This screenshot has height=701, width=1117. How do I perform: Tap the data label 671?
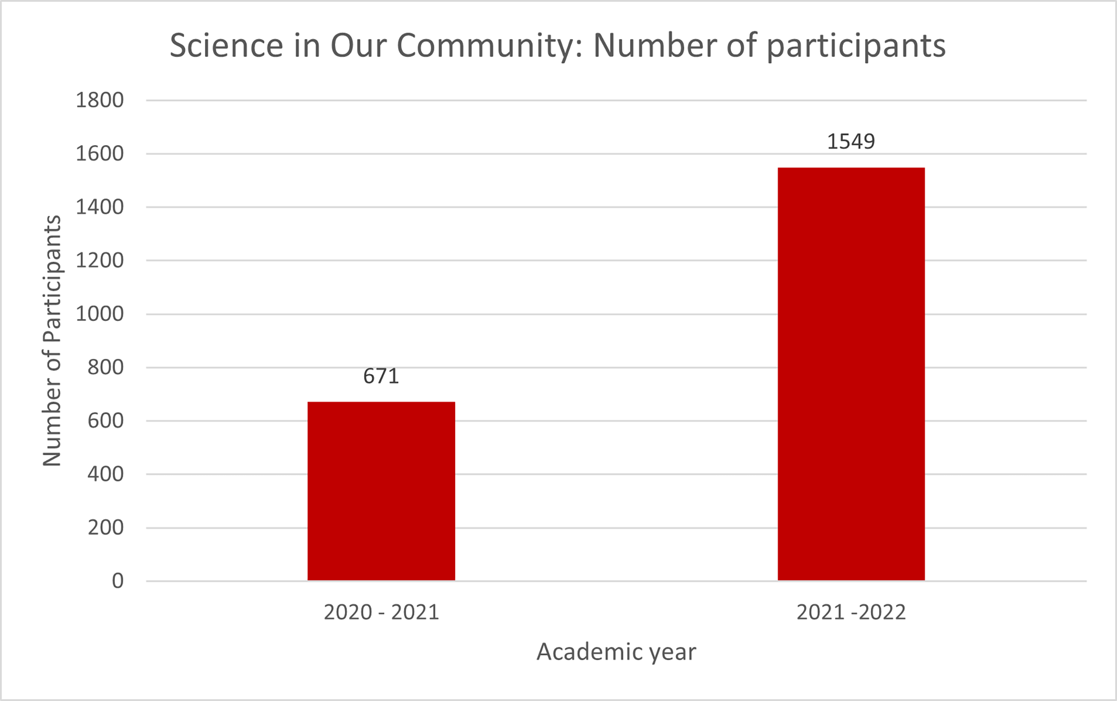(x=381, y=376)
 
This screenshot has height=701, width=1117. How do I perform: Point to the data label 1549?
(x=851, y=141)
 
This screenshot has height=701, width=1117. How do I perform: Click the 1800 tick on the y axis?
(x=100, y=100)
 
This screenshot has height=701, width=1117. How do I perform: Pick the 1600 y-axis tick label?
(x=100, y=154)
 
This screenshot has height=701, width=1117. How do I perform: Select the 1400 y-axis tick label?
(x=100, y=207)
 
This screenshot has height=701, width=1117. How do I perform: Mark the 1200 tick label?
(x=100, y=260)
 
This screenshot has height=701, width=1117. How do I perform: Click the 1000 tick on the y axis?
(x=100, y=314)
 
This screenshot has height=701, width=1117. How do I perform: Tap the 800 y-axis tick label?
(x=106, y=368)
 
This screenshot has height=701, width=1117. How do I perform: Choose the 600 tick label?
(x=106, y=421)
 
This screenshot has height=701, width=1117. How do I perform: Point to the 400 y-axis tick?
(x=106, y=474)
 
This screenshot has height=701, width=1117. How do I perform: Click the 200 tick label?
(x=106, y=528)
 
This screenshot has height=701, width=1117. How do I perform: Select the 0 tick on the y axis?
(x=118, y=581)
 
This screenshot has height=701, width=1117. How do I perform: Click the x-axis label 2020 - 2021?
(x=381, y=612)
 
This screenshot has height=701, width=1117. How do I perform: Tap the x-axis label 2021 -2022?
(x=851, y=612)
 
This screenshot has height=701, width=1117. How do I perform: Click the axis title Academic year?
(x=616, y=652)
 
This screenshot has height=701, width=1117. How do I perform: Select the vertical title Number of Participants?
(x=52, y=341)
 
